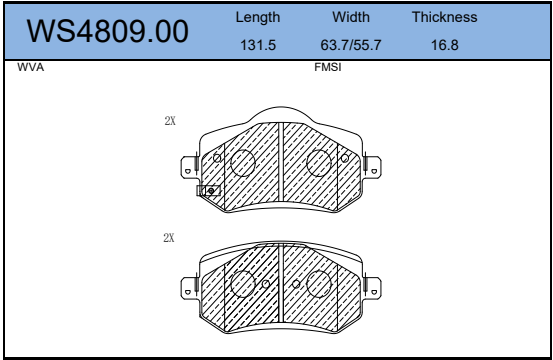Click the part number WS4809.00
[x=108, y=31]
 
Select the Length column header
[x=258, y=17]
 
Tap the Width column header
[x=351, y=17]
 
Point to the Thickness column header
[x=445, y=17]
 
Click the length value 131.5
[x=258, y=45]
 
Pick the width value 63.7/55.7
[x=351, y=45]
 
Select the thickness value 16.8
[x=445, y=45]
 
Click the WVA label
[x=31, y=67]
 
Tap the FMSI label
[x=328, y=67]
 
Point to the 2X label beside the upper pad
[x=170, y=121]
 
